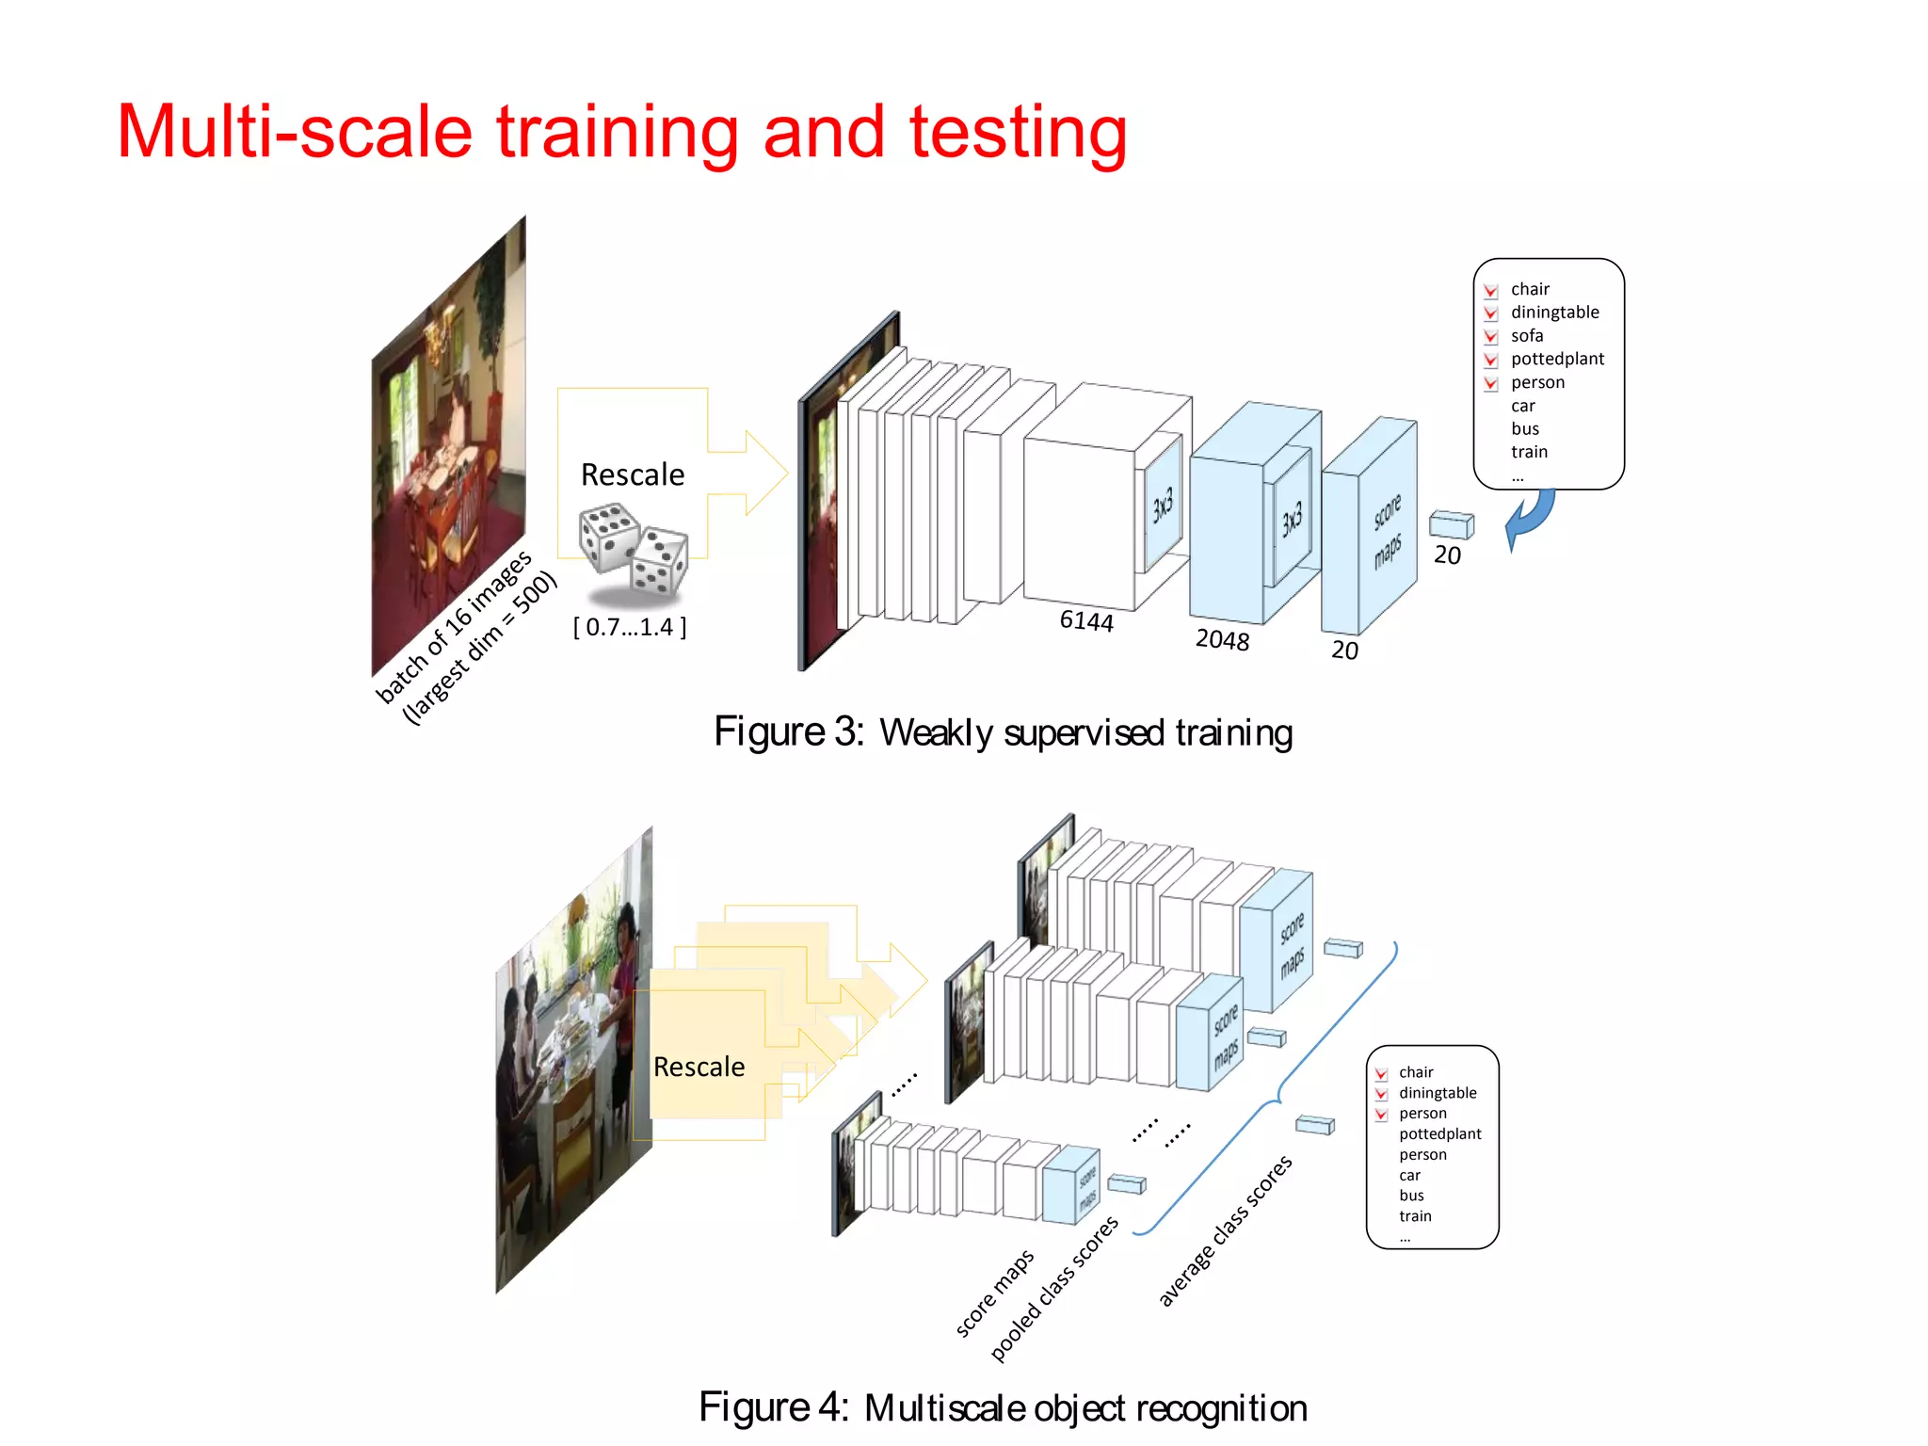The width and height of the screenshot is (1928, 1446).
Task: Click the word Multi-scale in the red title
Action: pos(294,132)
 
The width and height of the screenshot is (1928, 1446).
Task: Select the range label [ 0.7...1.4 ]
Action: pos(630,627)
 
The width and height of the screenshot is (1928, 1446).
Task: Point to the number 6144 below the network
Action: pos(1086,620)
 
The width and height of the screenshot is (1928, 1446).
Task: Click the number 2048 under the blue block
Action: pos(1222,640)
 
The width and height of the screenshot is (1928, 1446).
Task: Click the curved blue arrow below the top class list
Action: pos(1529,519)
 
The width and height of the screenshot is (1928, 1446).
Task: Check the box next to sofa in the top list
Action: pos(1491,336)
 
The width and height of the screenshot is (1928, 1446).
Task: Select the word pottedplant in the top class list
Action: pos(1557,359)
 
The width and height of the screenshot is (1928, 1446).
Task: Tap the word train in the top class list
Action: pos(1529,452)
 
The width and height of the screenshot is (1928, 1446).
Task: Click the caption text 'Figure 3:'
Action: pos(789,732)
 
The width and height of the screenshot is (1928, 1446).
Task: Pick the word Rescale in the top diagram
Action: pos(633,474)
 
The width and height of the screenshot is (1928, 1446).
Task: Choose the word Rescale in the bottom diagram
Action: pos(699,1067)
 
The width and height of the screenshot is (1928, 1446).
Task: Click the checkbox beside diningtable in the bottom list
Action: pos(1381,1094)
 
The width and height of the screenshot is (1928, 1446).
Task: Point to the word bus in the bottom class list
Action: pos(1411,1196)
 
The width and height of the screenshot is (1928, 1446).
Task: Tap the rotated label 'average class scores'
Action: pos(1225,1231)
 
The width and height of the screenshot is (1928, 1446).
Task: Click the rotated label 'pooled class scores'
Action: pos(1054,1289)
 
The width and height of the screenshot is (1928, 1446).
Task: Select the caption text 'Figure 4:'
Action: pos(774,1408)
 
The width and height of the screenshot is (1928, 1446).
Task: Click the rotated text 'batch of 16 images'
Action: pos(454,627)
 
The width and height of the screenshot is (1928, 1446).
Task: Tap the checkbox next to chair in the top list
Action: pos(1491,290)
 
